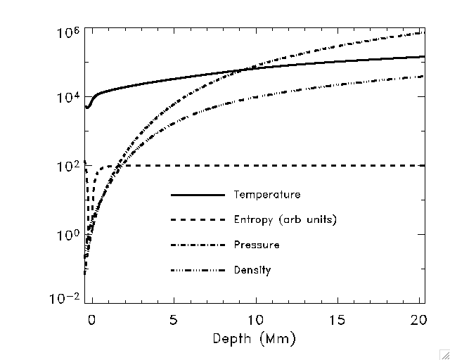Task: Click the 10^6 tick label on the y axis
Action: [x=69, y=34]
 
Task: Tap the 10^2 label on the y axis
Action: [x=69, y=167]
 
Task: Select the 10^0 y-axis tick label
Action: [x=69, y=234]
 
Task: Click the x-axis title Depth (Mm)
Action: [x=255, y=339]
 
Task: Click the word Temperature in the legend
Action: [x=267, y=195]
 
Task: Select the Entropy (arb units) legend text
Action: [x=285, y=220]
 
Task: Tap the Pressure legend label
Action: [x=257, y=245]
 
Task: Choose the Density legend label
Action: [x=252, y=271]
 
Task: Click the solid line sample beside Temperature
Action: [x=198, y=195]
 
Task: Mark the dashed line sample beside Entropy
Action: [x=198, y=220]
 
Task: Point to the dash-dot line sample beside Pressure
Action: [x=198, y=245]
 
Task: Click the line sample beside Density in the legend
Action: [x=198, y=271]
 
